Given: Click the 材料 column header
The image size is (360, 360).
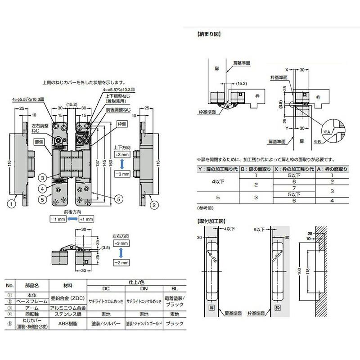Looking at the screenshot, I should pyautogui.click(x=66, y=285).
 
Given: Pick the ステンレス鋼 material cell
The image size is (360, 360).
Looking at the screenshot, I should pyautogui.click(x=66, y=314).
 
